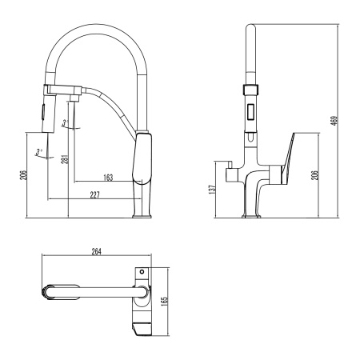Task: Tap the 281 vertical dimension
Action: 64,162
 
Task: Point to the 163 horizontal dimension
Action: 109,177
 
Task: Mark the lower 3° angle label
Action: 38,150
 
